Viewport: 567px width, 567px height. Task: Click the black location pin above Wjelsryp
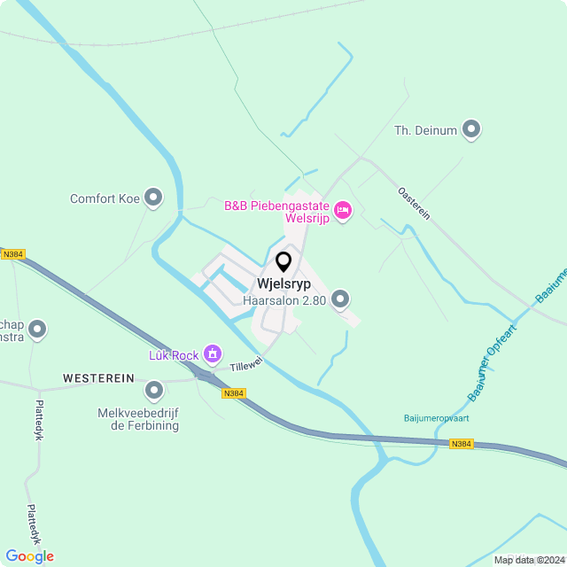click(x=283, y=262)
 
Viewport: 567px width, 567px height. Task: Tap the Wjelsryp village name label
click(x=283, y=284)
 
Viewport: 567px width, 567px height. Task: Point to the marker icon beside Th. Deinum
click(x=471, y=130)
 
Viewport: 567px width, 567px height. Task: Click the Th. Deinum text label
click(x=425, y=131)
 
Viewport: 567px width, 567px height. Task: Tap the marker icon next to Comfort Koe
click(x=154, y=198)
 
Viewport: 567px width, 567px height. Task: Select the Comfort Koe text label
click(x=105, y=198)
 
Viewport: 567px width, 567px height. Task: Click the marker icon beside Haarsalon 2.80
click(x=340, y=299)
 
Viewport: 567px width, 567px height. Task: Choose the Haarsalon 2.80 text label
click(x=284, y=300)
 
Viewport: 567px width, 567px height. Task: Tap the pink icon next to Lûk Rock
click(x=213, y=355)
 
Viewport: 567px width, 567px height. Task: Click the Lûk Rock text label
click(x=173, y=355)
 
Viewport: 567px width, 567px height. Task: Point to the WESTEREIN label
click(x=98, y=377)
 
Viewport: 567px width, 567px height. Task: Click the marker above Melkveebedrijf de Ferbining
click(x=154, y=390)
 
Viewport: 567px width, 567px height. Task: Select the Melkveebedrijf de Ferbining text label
click(x=139, y=419)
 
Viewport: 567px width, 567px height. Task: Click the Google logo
click(x=29, y=556)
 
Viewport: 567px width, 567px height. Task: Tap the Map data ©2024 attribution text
click(x=528, y=560)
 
